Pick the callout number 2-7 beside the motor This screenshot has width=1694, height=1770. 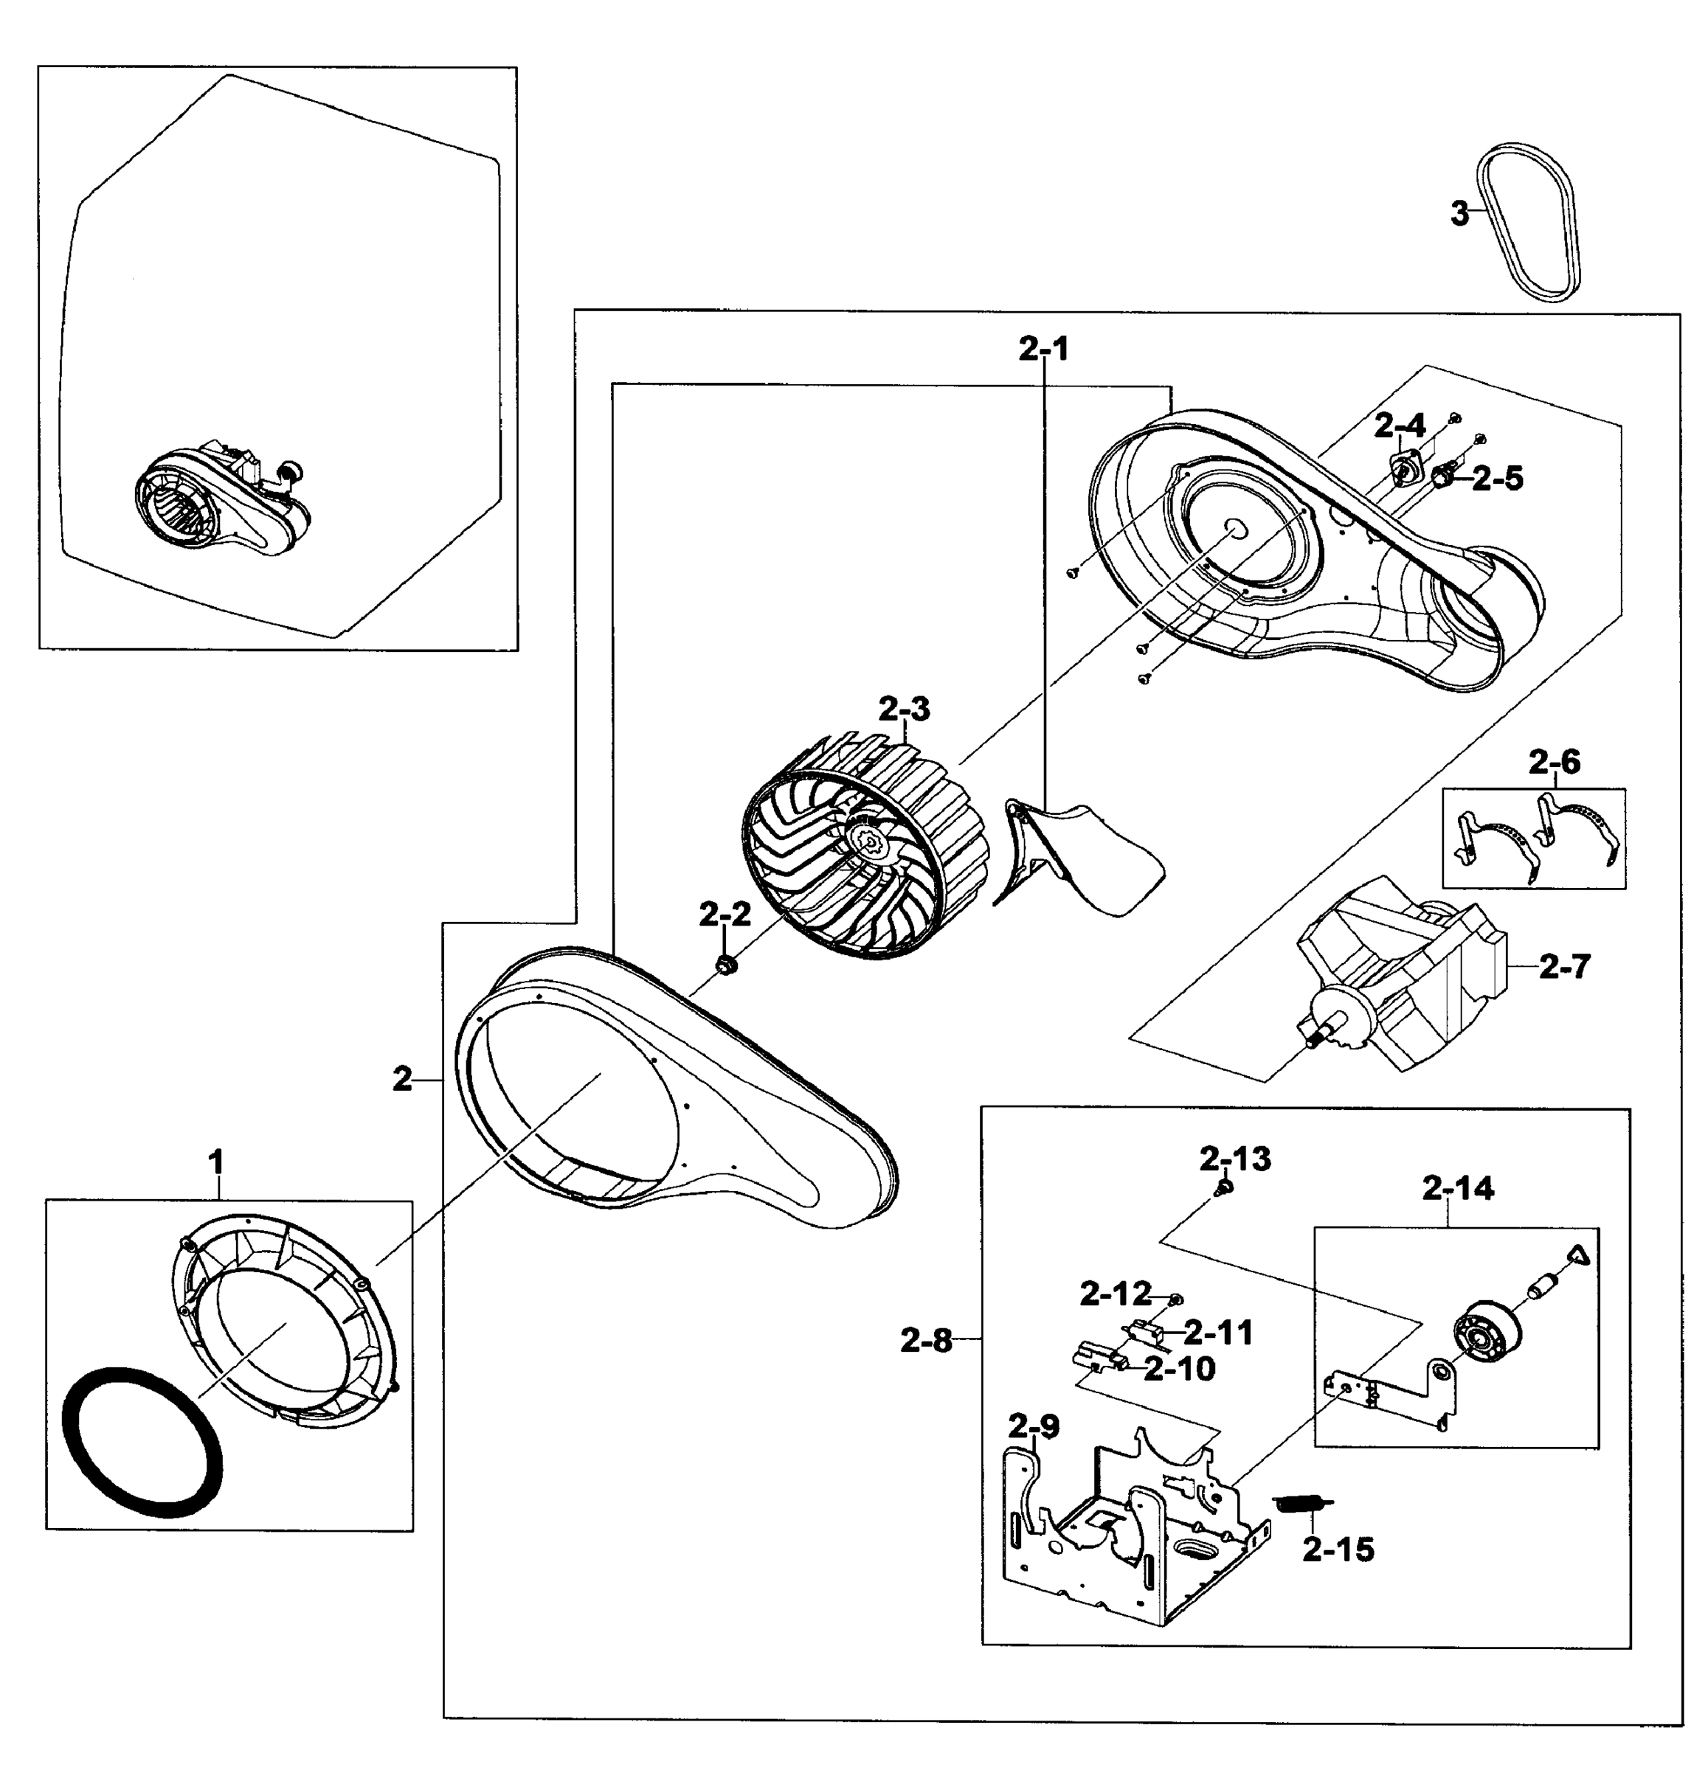pos(1564,968)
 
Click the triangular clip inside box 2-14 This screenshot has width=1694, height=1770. pos(1577,1254)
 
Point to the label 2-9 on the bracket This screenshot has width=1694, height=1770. pos(1033,1426)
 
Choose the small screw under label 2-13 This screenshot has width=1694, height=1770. pos(1222,1190)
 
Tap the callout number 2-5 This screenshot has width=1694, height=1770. pos(1497,479)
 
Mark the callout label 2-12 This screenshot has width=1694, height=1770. pos(1116,1294)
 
